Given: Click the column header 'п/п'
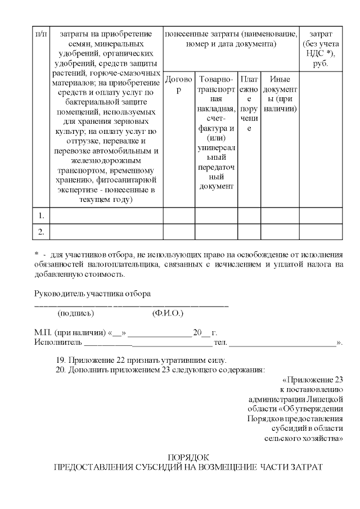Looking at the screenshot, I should [41, 34].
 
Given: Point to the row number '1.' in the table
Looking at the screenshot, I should [41, 215].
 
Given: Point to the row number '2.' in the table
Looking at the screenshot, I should [41, 231].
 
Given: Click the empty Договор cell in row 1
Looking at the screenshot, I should [179, 215].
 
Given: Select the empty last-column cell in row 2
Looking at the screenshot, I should [321, 231].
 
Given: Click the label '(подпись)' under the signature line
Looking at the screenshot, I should [76, 313].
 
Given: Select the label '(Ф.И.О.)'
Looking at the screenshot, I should [168, 313].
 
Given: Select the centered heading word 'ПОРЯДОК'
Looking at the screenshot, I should [188, 457].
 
